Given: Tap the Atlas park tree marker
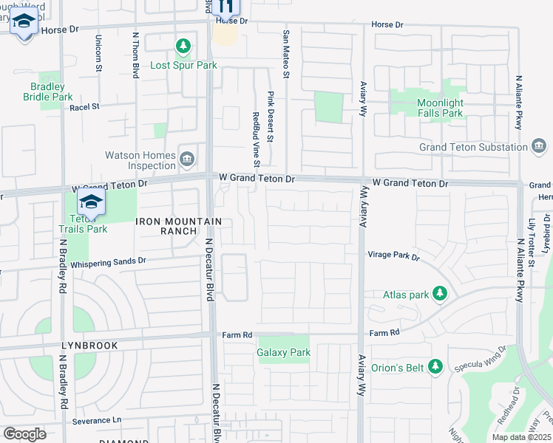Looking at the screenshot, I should coord(440,294).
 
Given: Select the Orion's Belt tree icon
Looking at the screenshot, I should coord(435,366).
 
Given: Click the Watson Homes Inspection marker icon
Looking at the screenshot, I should coord(187,157).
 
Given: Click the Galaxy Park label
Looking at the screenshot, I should coord(283,352).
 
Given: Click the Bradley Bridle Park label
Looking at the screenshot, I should coord(48,92).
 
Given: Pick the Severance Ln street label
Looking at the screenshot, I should coord(97,420).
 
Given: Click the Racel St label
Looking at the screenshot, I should coord(84,106).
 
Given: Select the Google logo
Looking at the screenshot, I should coord(24,433).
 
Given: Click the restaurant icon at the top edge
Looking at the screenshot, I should coord(226,7).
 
